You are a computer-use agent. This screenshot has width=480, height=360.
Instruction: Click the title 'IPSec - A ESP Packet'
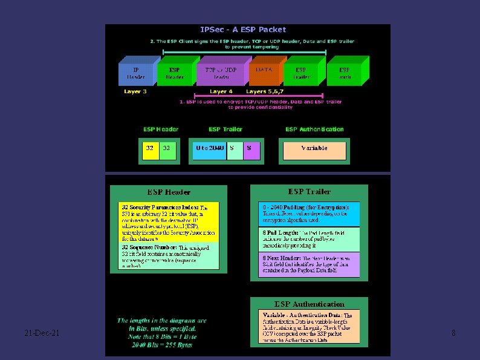coord(243,29)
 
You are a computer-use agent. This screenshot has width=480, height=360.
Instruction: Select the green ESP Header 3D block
coord(175,73)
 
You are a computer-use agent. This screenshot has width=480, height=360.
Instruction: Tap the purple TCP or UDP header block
coord(221,73)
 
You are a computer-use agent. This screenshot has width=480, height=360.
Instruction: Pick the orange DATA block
coord(264,73)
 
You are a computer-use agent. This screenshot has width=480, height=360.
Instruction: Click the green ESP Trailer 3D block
coord(301,73)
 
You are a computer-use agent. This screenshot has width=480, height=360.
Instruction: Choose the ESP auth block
coord(345,73)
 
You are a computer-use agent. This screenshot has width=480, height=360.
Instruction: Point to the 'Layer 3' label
coord(135,91)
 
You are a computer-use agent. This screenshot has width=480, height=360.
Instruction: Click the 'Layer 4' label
coord(221,91)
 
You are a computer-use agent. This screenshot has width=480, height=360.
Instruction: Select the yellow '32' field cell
coord(150,148)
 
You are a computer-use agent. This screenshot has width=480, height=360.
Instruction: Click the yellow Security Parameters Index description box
coord(168,221)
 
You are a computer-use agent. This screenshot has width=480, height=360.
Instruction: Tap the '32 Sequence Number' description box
coord(168,256)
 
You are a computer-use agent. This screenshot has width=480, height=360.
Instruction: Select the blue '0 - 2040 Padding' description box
coord(309,214)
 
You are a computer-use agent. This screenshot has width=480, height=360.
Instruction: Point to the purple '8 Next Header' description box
coord(309,265)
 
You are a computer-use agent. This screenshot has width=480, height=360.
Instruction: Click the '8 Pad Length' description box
coord(309,240)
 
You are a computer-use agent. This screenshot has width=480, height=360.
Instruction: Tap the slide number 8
coord(453,333)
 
